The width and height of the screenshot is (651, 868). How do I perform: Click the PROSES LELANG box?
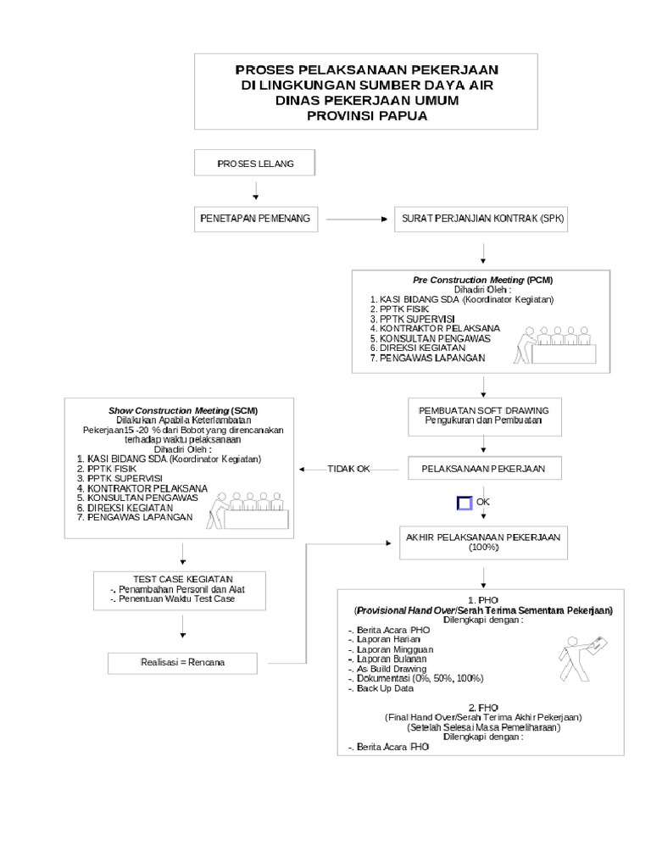pyautogui.click(x=255, y=164)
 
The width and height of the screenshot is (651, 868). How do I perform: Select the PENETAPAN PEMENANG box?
pyautogui.click(x=255, y=219)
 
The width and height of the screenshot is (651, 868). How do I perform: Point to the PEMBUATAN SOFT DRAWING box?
pyautogui.click(x=482, y=415)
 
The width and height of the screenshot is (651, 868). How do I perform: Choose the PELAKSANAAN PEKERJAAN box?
pyautogui.click(x=482, y=469)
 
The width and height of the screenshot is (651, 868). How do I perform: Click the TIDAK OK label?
pyautogui.click(x=348, y=469)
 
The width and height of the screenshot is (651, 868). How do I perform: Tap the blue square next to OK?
pyautogui.click(x=464, y=504)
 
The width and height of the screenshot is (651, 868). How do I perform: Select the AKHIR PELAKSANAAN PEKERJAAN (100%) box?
pyautogui.click(x=483, y=542)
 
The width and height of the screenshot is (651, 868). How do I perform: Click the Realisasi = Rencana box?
pyautogui.click(x=183, y=662)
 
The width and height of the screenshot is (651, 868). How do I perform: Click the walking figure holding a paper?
pyautogui.click(x=581, y=658)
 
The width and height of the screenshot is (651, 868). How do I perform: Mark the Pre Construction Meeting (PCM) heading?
pyautogui.click(x=482, y=280)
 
